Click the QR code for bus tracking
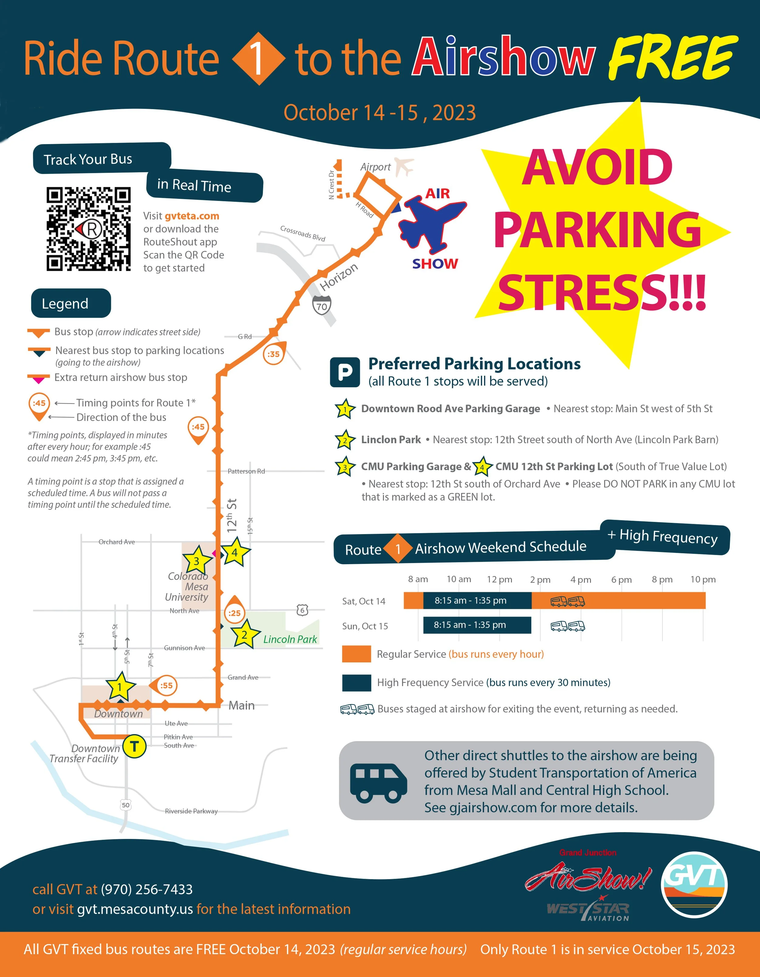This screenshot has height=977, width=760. coord(88,229)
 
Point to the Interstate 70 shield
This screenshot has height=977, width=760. coord(322,306)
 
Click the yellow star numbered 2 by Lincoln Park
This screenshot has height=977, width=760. coord(245,634)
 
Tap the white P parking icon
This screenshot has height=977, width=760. coord(345,372)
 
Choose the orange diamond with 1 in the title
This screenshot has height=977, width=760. coord(258,59)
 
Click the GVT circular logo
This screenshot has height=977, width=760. coord(694,884)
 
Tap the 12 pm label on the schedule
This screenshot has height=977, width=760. coord(499,579)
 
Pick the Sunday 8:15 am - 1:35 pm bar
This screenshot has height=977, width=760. coord(477,625)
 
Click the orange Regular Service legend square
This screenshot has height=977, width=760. coord(357,654)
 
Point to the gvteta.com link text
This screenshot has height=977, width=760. coord(192,216)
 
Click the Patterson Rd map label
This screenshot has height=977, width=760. coord(246,471)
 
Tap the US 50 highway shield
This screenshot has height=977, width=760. coord(126,805)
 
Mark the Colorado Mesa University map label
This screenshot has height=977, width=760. coord(187,586)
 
